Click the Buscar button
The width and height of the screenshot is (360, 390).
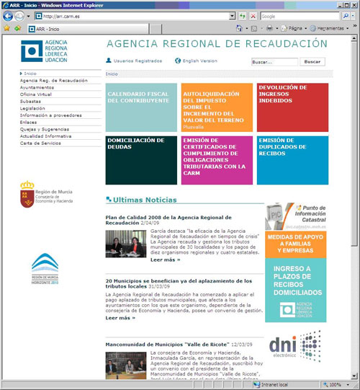pyautogui.click(x=312, y=62)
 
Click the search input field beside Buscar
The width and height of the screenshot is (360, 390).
pyautogui.click(x=274, y=62)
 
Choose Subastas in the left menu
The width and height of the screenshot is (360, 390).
pyautogui.click(x=31, y=101)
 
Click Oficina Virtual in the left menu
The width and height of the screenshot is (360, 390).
pyautogui.click(x=36, y=94)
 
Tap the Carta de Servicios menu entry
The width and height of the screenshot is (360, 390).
pyautogui.click(x=40, y=143)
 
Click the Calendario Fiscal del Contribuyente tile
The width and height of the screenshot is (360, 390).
pyautogui.click(x=141, y=107)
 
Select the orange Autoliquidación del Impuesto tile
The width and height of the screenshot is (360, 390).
pyautogui.click(x=216, y=107)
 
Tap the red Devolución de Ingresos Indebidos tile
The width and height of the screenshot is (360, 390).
pyautogui.click(x=292, y=107)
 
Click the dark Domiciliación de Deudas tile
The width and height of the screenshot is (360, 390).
pyautogui.click(x=141, y=159)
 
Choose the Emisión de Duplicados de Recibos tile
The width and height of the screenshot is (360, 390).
pyautogui.click(x=292, y=159)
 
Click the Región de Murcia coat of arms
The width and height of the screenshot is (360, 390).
pyautogui.click(x=27, y=194)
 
